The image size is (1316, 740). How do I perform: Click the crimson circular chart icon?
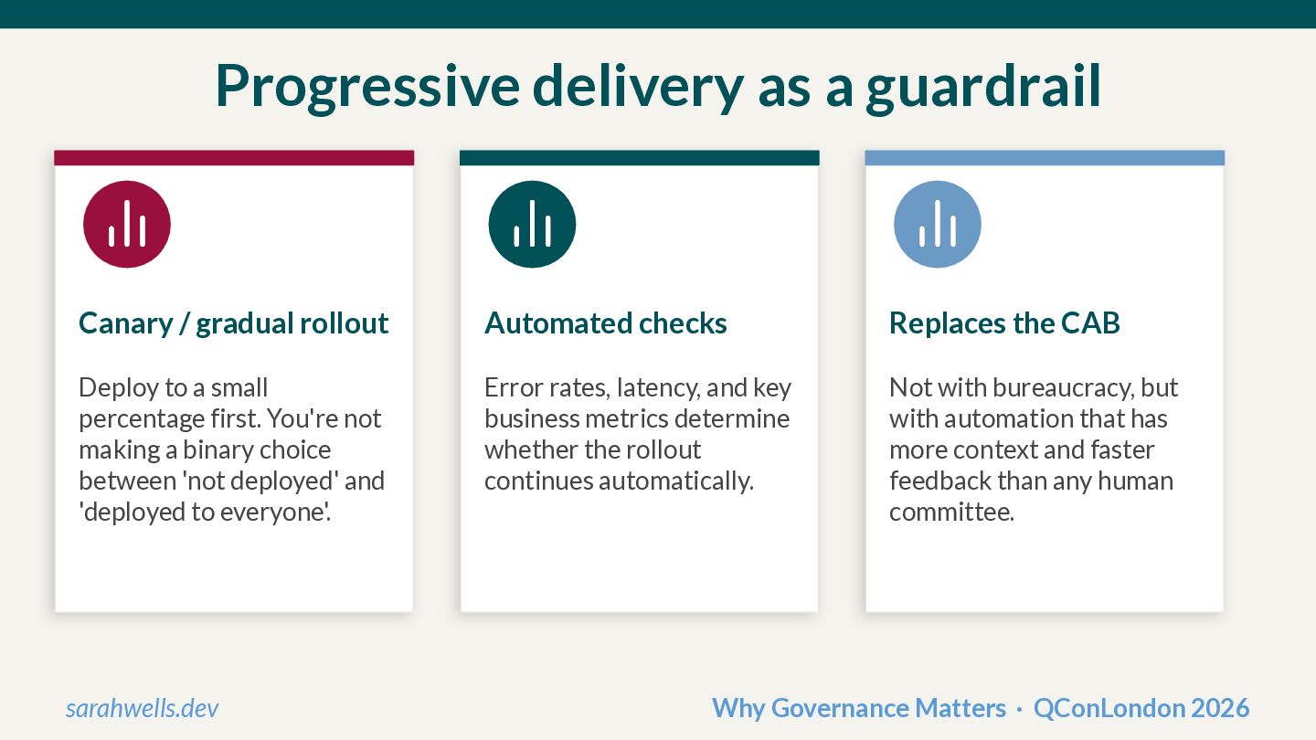tap(127, 224)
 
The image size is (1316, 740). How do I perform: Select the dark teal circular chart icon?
tap(532, 224)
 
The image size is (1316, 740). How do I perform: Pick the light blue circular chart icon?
tap(938, 224)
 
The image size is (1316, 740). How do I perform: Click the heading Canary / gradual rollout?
tap(234, 323)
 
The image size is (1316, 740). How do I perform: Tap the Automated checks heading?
tap(606, 323)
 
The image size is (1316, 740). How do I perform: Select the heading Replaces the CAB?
tap(1004, 323)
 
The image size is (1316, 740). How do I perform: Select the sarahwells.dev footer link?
tap(143, 708)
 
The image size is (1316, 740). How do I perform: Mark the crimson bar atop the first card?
tap(234, 158)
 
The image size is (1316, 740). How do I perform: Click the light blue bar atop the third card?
tap(1045, 158)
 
